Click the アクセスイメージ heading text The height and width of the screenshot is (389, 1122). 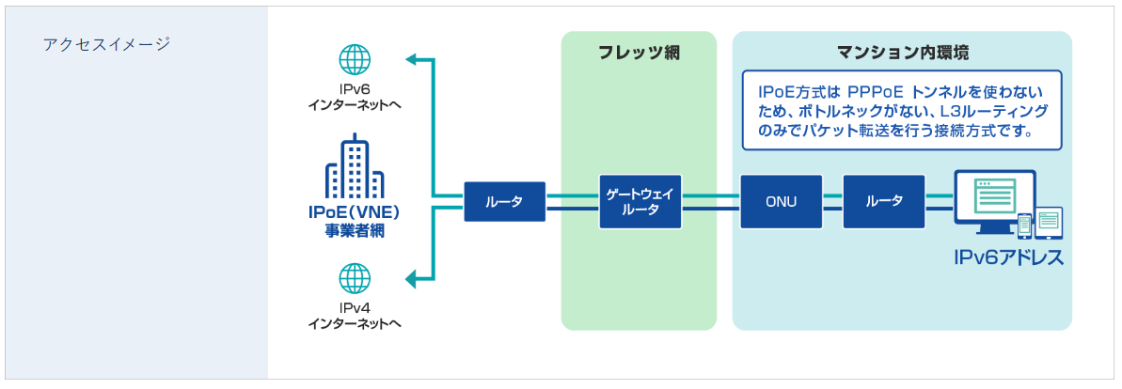click(x=105, y=44)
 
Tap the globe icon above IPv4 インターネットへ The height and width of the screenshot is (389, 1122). click(x=355, y=278)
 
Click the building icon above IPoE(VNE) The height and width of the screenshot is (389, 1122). click(x=355, y=170)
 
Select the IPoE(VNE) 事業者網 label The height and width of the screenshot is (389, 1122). click(x=355, y=220)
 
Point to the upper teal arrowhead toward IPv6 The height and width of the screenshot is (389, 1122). click(x=411, y=61)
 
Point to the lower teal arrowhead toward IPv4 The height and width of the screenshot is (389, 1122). click(x=411, y=278)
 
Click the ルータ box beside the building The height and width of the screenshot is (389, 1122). click(x=505, y=201)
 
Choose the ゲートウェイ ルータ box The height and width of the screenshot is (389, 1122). click(x=640, y=201)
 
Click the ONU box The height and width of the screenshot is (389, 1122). click(x=781, y=201)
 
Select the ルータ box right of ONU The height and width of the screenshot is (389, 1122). click(x=884, y=201)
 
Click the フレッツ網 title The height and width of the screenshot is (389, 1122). click(x=639, y=53)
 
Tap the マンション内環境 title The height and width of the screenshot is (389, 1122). click(x=903, y=53)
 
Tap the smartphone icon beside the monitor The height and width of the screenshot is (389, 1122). click(x=1025, y=226)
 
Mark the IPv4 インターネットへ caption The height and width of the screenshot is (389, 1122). click(x=355, y=316)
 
